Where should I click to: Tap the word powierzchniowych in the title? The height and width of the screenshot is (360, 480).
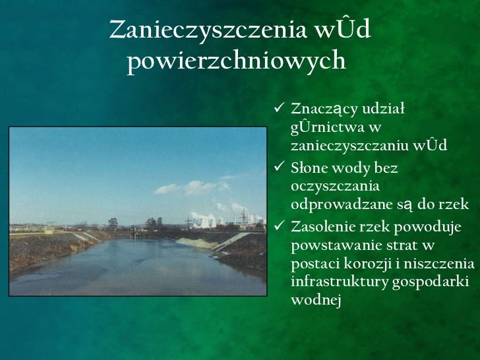(236, 61)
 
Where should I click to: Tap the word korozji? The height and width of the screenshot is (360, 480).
(371, 264)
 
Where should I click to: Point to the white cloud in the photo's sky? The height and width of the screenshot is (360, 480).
(187, 189)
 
